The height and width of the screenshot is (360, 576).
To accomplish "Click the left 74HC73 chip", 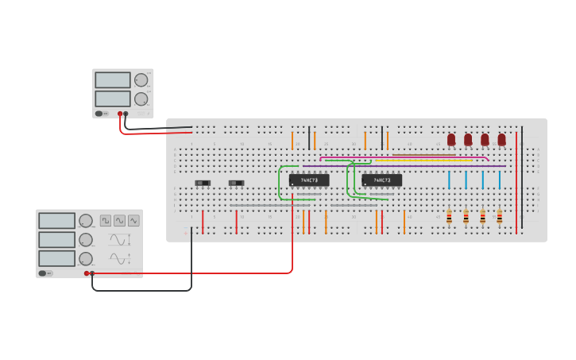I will [309, 180].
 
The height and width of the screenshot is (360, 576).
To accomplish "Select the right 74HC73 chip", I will [381, 180].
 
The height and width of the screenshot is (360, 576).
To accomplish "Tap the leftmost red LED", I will [451, 140].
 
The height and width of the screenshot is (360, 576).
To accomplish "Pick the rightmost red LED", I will [501, 140].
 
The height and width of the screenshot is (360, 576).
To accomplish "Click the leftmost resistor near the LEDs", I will [449, 216].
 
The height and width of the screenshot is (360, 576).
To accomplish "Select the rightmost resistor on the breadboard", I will [499, 216].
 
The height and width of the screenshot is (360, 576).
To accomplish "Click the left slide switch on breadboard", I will [203, 183].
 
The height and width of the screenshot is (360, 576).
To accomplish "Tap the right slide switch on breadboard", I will [236, 183].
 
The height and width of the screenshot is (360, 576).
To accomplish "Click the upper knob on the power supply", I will [141, 79].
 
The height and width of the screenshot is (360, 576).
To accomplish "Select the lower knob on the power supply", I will [141, 99].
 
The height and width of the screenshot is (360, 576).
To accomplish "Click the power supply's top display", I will [113, 79].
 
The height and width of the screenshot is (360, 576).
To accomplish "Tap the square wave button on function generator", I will [106, 220].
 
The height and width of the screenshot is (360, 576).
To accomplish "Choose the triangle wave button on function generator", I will [119, 220].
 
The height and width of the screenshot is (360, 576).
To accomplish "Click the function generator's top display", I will [56, 221].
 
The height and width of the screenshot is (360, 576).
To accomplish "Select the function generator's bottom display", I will [56, 258].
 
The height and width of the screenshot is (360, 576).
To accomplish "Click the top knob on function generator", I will [85, 220].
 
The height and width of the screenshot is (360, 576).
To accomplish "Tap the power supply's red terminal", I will [120, 114].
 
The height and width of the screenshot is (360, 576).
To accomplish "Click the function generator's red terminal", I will [87, 273].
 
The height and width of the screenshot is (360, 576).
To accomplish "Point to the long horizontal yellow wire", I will [429, 161].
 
